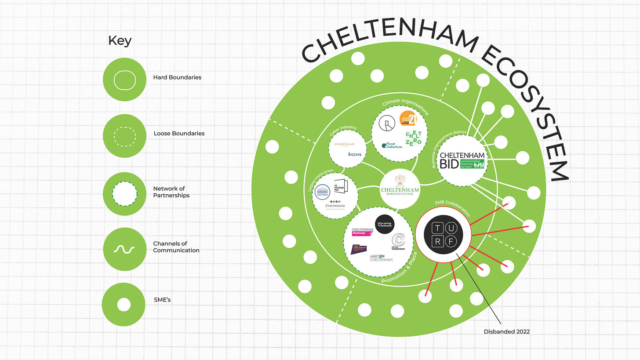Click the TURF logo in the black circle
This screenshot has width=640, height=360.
(x=444, y=234)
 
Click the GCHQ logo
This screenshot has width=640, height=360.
(x=355, y=155)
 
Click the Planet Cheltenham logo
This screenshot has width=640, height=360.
(x=392, y=145)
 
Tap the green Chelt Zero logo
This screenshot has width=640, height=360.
(x=414, y=138)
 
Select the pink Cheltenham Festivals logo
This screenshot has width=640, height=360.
(x=363, y=231)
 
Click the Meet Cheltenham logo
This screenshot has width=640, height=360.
(x=381, y=258)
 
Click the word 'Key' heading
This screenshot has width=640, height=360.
(x=120, y=41)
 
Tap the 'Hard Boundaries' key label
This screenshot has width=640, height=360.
(x=177, y=77)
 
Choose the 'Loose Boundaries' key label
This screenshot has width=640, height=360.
(x=179, y=133)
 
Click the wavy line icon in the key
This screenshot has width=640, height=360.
(x=124, y=249)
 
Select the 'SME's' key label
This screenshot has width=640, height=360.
(x=162, y=300)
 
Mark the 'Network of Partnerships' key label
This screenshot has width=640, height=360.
(x=171, y=192)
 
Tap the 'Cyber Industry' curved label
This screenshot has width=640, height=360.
(x=343, y=131)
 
